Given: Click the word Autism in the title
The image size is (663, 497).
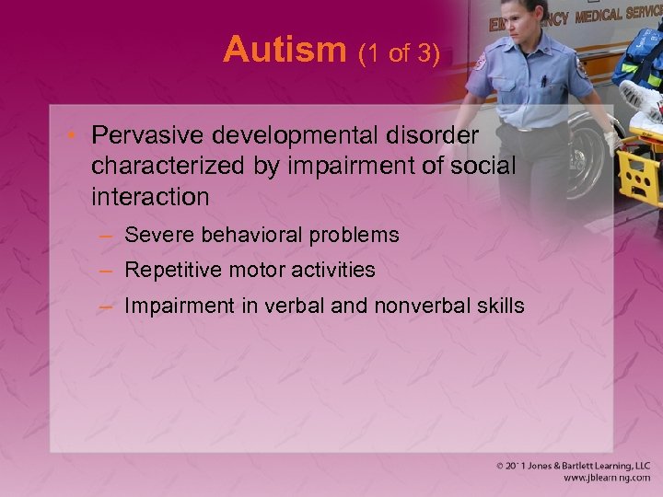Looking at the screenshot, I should click(x=285, y=50).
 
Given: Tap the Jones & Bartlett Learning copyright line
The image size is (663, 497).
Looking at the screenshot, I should click(x=571, y=466).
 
